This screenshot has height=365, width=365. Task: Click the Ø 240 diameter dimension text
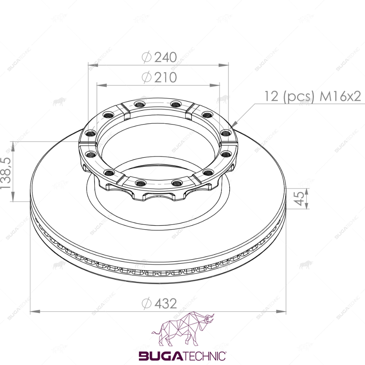(160, 57)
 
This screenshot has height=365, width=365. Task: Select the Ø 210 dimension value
(160, 77)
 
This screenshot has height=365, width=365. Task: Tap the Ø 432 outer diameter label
(160, 304)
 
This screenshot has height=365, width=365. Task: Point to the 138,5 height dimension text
(5, 173)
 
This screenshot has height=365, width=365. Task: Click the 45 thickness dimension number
(299, 199)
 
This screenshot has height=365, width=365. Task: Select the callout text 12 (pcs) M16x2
(313, 96)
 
